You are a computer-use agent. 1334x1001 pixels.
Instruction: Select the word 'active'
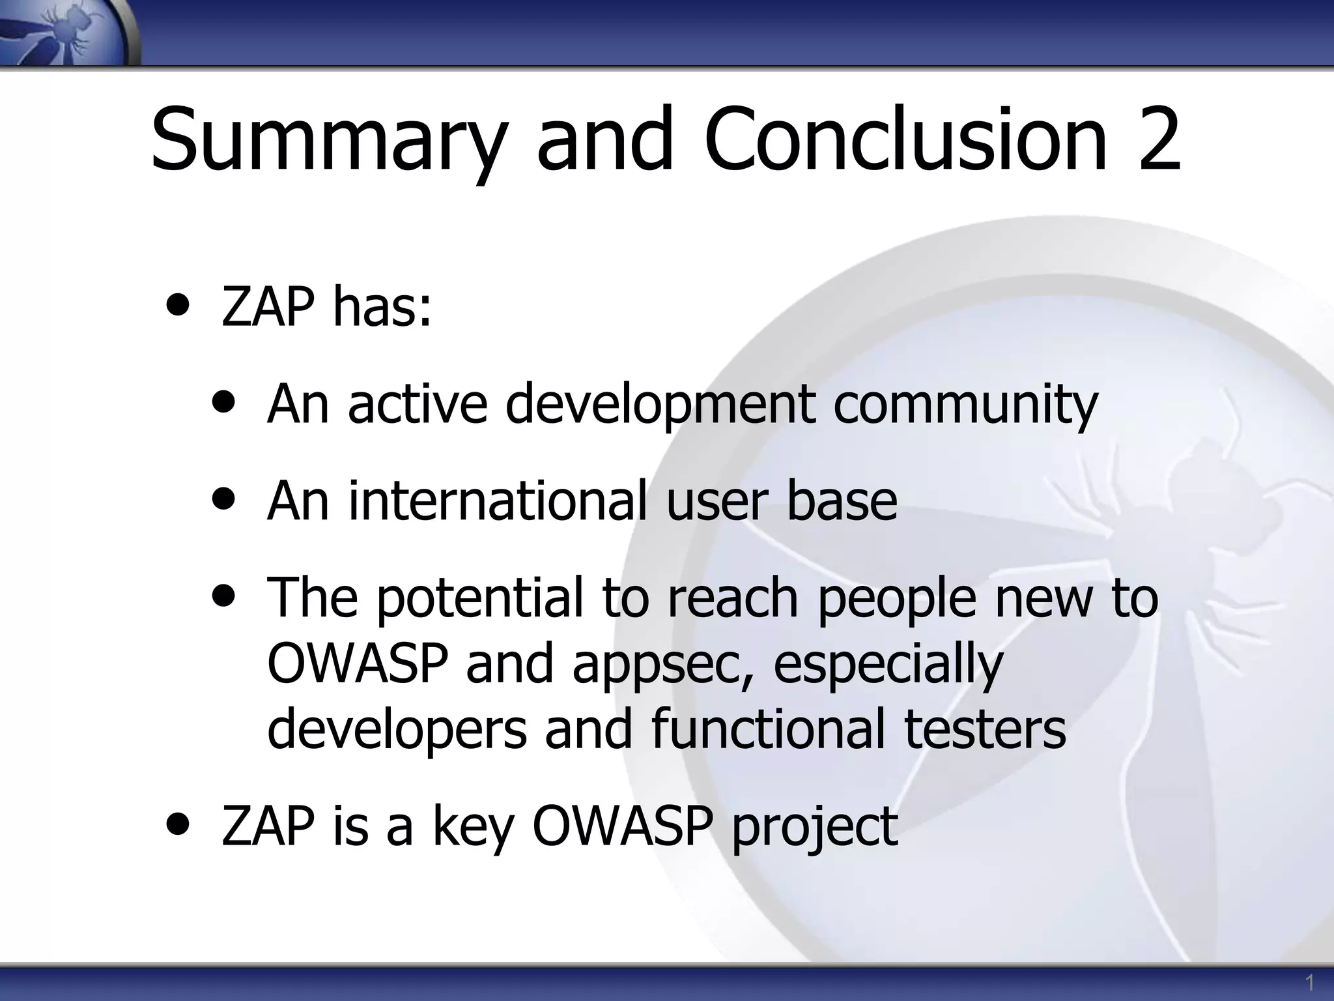pos(417,403)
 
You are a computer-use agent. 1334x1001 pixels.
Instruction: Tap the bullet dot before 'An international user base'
pos(224,500)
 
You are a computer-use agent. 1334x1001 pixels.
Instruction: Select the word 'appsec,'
pos(664,664)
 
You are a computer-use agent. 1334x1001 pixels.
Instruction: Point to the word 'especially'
pos(888,664)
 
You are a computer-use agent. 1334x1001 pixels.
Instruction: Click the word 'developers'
pos(397,729)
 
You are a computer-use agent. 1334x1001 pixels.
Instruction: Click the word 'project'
pos(814,826)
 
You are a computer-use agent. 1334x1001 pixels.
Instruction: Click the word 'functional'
pos(768,728)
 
